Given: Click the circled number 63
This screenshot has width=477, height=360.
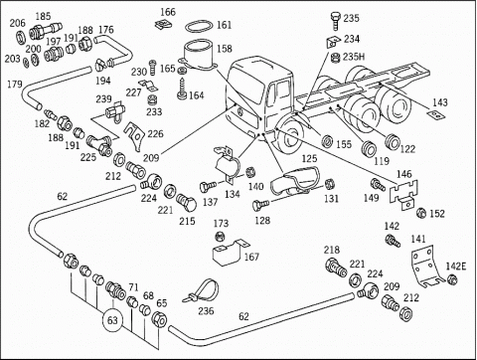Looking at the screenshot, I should (112, 320).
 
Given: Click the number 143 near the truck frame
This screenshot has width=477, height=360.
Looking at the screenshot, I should (440, 102).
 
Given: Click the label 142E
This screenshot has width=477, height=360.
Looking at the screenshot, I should (455, 266).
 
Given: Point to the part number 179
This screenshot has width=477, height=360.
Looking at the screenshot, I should (14, 85).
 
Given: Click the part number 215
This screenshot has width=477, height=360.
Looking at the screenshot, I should (187, 220).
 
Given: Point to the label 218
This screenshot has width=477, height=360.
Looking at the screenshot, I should (332, 250).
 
